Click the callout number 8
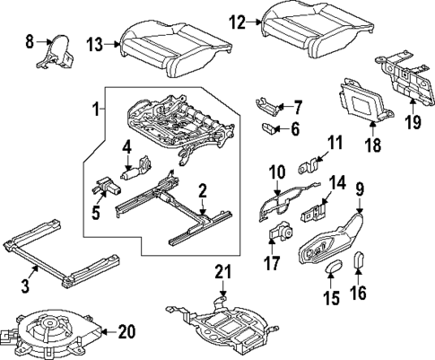pos(29,40)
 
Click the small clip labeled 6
pos(268,128)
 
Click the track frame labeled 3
pos(63,262)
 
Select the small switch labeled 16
pos(361,261)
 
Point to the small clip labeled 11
pos(311,166)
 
